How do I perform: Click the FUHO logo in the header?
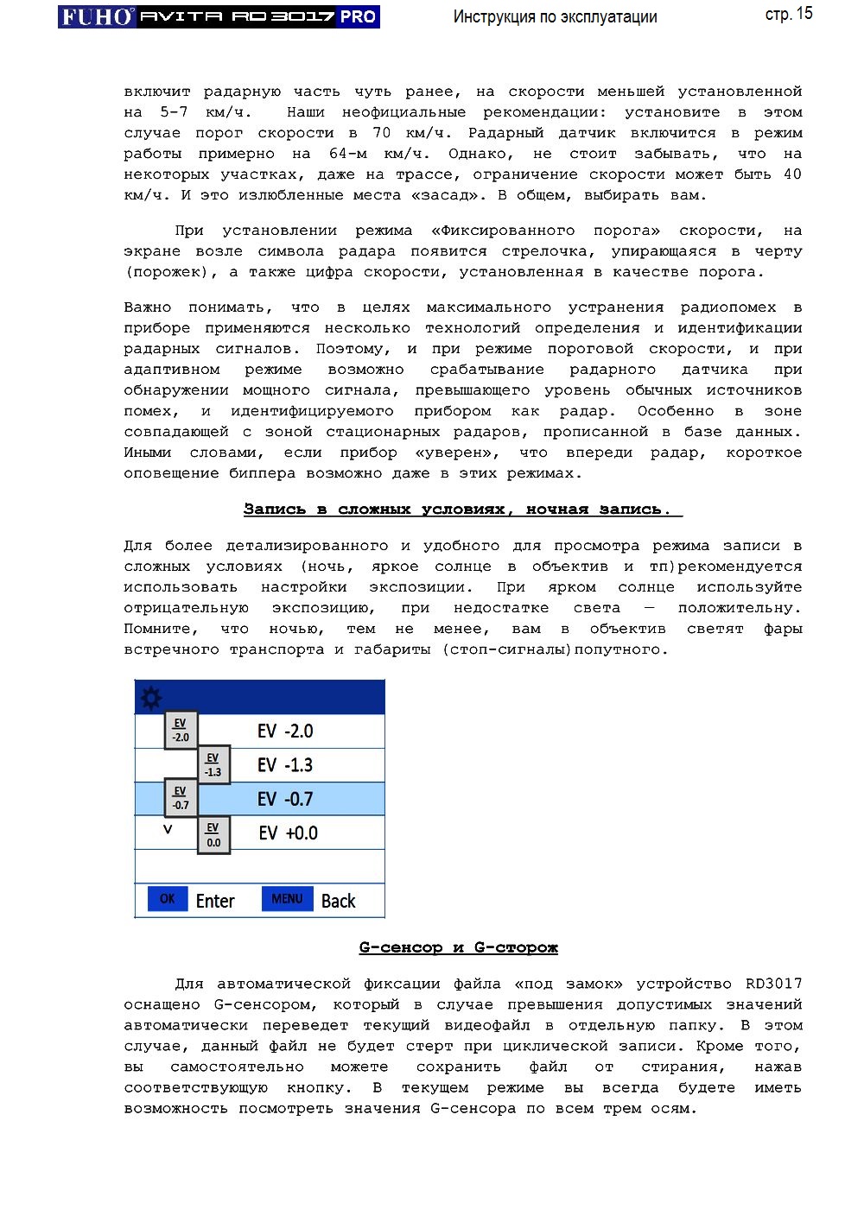pos(97,16)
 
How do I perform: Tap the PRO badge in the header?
pos(358,16)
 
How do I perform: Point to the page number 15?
pos(804,14)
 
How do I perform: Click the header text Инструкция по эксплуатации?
pos(555,17)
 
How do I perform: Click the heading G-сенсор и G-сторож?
pos(458,947)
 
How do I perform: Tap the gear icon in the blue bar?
pos(151,697)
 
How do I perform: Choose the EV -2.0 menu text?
pos(285,731)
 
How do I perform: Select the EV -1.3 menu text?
pos(285,765)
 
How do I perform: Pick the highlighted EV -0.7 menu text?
pos(285,800)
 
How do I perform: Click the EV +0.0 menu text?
pos(288,833)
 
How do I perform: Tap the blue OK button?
pos(167,899)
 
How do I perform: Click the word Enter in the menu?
pos(215,902)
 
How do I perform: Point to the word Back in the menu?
pos(338,902)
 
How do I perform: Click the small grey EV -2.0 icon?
pos(181,731)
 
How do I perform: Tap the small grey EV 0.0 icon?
pos(213,835)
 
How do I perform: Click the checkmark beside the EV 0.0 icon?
pos(168,829)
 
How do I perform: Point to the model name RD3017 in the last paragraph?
pos(773,984)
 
